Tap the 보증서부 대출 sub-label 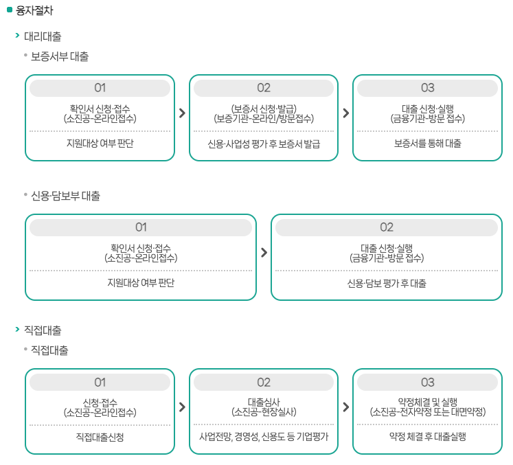(x=60, y=57)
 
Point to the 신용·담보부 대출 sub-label (x=65, y=196)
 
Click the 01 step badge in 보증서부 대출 (x=100, y=88)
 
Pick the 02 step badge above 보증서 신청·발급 (x=264, y=88)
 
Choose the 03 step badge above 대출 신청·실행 (x=427, y=88)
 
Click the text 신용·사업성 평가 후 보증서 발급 (x=264, y=144)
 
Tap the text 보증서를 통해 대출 (x=427, y=144)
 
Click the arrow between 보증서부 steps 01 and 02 (x=182, y=113)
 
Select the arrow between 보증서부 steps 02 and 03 (x=345, y=113)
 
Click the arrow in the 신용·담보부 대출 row (x=264, y=252)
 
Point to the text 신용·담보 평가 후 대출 (x=387, y=283)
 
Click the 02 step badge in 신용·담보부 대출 (x=387, y=227)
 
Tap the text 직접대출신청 (x=100, y=436)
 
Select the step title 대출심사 (x=264, y=402)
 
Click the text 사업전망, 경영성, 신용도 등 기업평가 (x=264, y=436)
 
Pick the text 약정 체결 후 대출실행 (x=427, y=436)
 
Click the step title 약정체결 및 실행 (x=427, y=402)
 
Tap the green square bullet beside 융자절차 (x=10, y=10)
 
